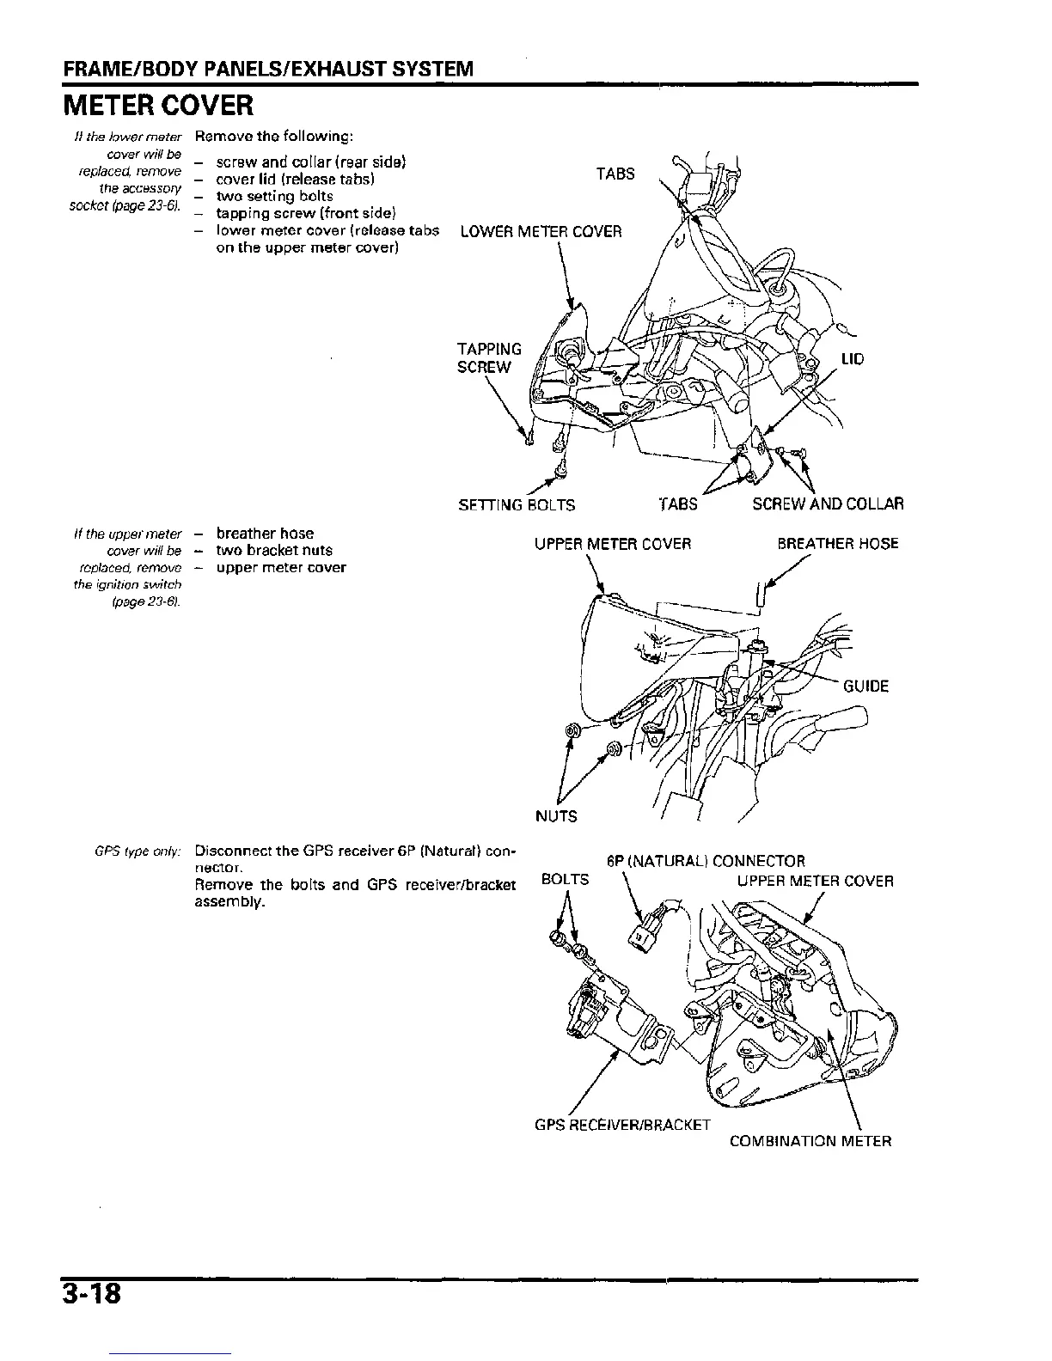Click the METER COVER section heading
click(x=157, y=107)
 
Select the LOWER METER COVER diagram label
click(x=541, y=232)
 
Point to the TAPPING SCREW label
click(x=489, y=358)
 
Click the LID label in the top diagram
click(x=852, y=359)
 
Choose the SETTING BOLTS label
click(x=517, y=504)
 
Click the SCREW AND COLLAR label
click(x=827, y=504)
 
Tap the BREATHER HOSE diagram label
click(x=837, y=544)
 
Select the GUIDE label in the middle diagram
click(x=865, y=687)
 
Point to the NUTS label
click(x=556, y=816)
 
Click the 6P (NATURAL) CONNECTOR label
click(x=705, y=862)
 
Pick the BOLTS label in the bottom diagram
click(x=566, y=880)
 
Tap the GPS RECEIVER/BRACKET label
click(x=622, y=1125)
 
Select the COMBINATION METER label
click(x=810, y=1142)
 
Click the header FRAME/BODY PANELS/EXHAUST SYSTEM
click(x=266, y=68)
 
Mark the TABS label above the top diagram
click(x=615, y=174)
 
